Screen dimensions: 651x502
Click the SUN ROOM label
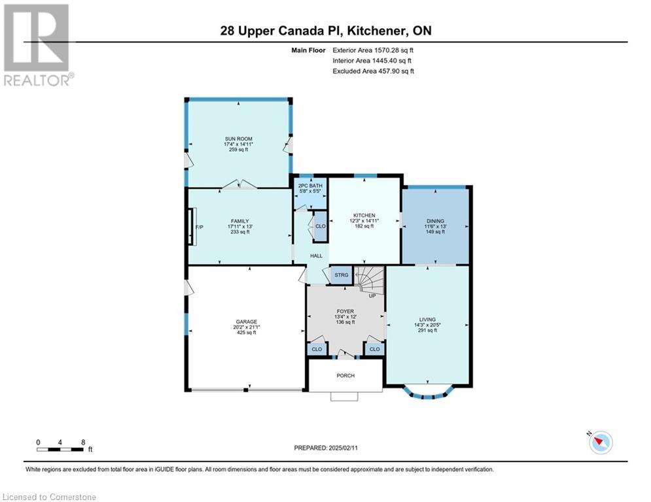point(239,139)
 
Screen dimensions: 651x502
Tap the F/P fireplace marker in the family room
point(200,227)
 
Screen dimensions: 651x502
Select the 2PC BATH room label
point(311,186)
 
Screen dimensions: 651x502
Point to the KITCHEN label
point(364,215)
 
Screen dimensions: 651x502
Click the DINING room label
point(435,221)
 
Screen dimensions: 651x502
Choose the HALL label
point(317,256)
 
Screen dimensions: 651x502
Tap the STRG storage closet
point(342,275)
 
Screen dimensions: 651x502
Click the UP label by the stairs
point(372,296)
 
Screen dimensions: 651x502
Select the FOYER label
point(345,311)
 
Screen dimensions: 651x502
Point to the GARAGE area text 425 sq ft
point(247,332)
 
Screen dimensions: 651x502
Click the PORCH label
point(345,375)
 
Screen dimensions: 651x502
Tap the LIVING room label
point(427,320)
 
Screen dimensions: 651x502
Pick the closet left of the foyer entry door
point(317,349)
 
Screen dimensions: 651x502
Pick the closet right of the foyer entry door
point(374,349)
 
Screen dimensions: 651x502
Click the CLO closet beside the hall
point(321,227)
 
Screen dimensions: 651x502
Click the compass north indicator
point(601,443)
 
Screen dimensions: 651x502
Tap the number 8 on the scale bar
point(83,443)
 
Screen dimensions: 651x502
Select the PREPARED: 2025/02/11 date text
point(326,448)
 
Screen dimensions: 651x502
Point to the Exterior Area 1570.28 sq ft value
point(373,50)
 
